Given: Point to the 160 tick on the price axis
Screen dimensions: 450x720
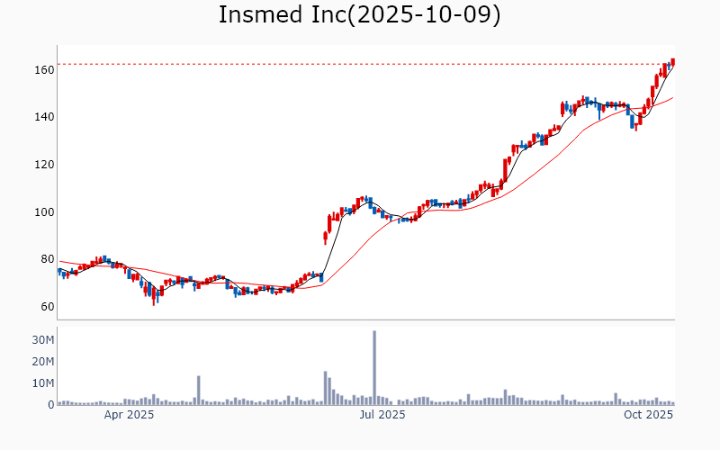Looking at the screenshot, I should tap(44, 69).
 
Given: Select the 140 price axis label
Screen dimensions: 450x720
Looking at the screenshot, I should tap(44, 117).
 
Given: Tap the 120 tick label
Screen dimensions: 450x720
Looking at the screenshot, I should tap(44, 165).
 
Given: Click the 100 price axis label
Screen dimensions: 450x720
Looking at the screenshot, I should tap(44, 212).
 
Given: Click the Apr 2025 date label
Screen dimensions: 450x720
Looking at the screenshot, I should tap(129, 415).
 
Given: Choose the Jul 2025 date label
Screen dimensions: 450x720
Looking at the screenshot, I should tap(382, 415).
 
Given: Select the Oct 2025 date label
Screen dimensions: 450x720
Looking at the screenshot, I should tap(649, 415).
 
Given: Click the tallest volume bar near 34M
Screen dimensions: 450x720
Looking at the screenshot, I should tap(374, 368).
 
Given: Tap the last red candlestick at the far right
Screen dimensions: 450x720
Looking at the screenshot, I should tap(673, 62).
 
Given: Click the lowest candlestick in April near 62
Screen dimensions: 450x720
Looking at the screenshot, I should tap(154, 297).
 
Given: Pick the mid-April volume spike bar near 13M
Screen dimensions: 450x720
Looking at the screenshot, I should tap(199, 391).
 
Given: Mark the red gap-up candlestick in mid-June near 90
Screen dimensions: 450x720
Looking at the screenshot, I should tap(325, 237).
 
